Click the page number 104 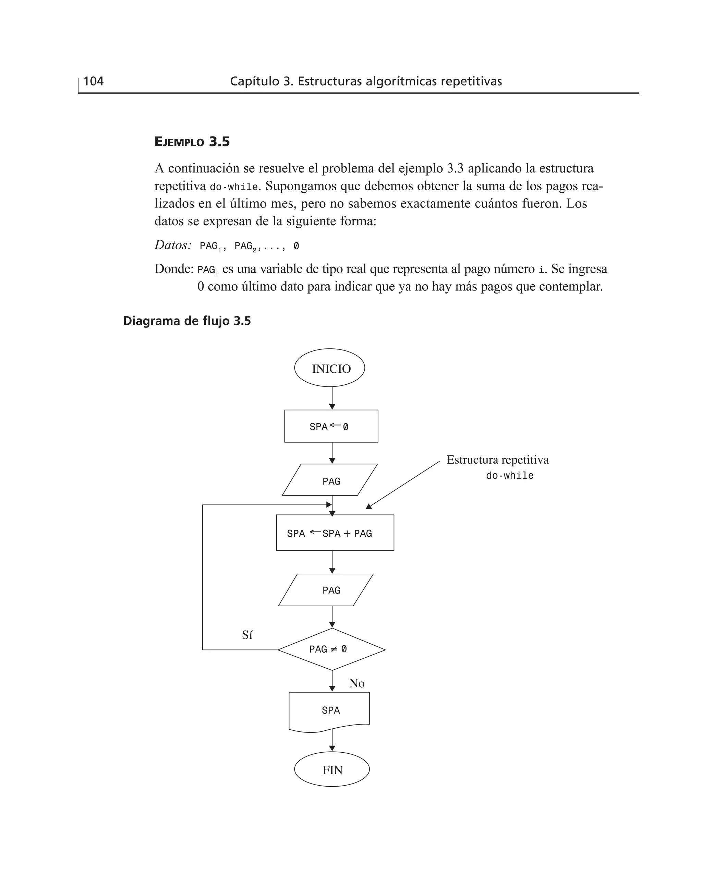[94, 81]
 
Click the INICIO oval [329, 368]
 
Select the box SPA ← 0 [331, 426]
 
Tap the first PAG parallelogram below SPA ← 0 [330, 480]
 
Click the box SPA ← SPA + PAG [335, 533]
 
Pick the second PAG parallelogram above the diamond [326, 590]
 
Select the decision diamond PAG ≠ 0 [331, 649]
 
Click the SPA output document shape [329, 710]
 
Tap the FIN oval [332, 770]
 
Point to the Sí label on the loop [247, 635]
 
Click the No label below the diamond [357, 683]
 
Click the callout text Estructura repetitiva [497, 460]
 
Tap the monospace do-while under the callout [509, 476]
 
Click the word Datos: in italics [173, 245]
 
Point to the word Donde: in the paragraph [174, 269]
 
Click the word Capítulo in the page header [254, 81]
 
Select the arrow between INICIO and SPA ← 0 [332, 398]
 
